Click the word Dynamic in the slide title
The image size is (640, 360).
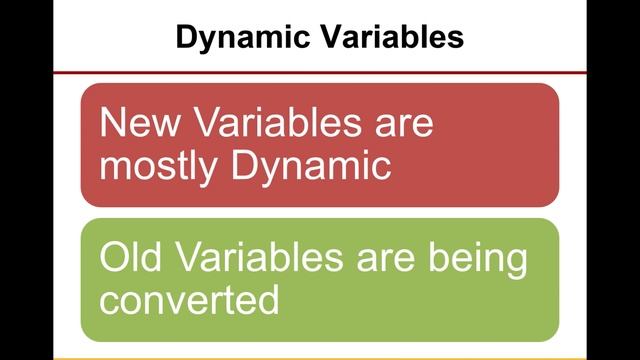237,38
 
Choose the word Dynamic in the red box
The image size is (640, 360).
311,166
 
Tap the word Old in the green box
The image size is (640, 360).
133,258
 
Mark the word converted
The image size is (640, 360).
189,300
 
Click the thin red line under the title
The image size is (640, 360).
320,72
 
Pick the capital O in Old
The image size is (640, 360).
113,258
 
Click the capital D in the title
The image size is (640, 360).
186,38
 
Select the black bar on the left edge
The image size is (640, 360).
26,180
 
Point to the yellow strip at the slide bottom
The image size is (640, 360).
320,356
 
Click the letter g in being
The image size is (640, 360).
515,263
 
